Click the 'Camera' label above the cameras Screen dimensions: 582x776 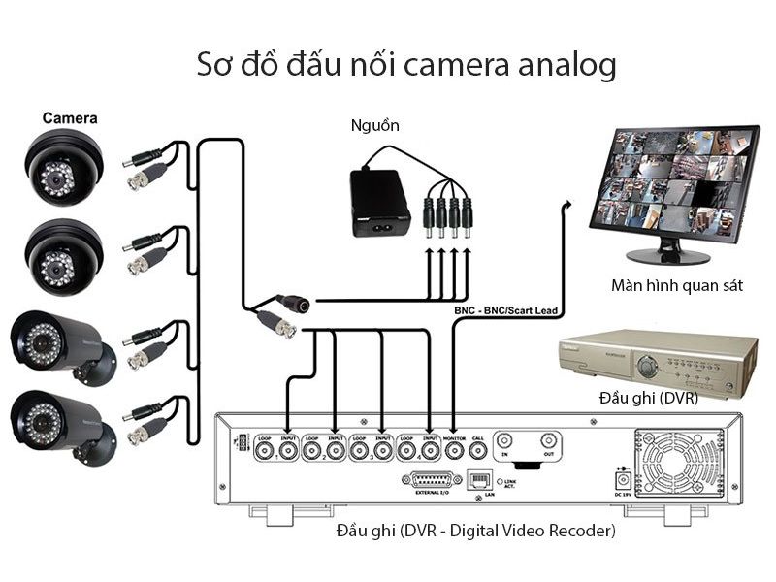coord(69,118)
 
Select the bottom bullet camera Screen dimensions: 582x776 coord(60,424)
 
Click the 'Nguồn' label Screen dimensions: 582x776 coord(374,126)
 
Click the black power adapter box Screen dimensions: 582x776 coord(379,202)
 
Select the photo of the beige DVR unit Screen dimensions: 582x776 coord(660,359)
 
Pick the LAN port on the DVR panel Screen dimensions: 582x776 coord(478,480)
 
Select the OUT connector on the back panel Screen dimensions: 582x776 coord(549,440)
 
